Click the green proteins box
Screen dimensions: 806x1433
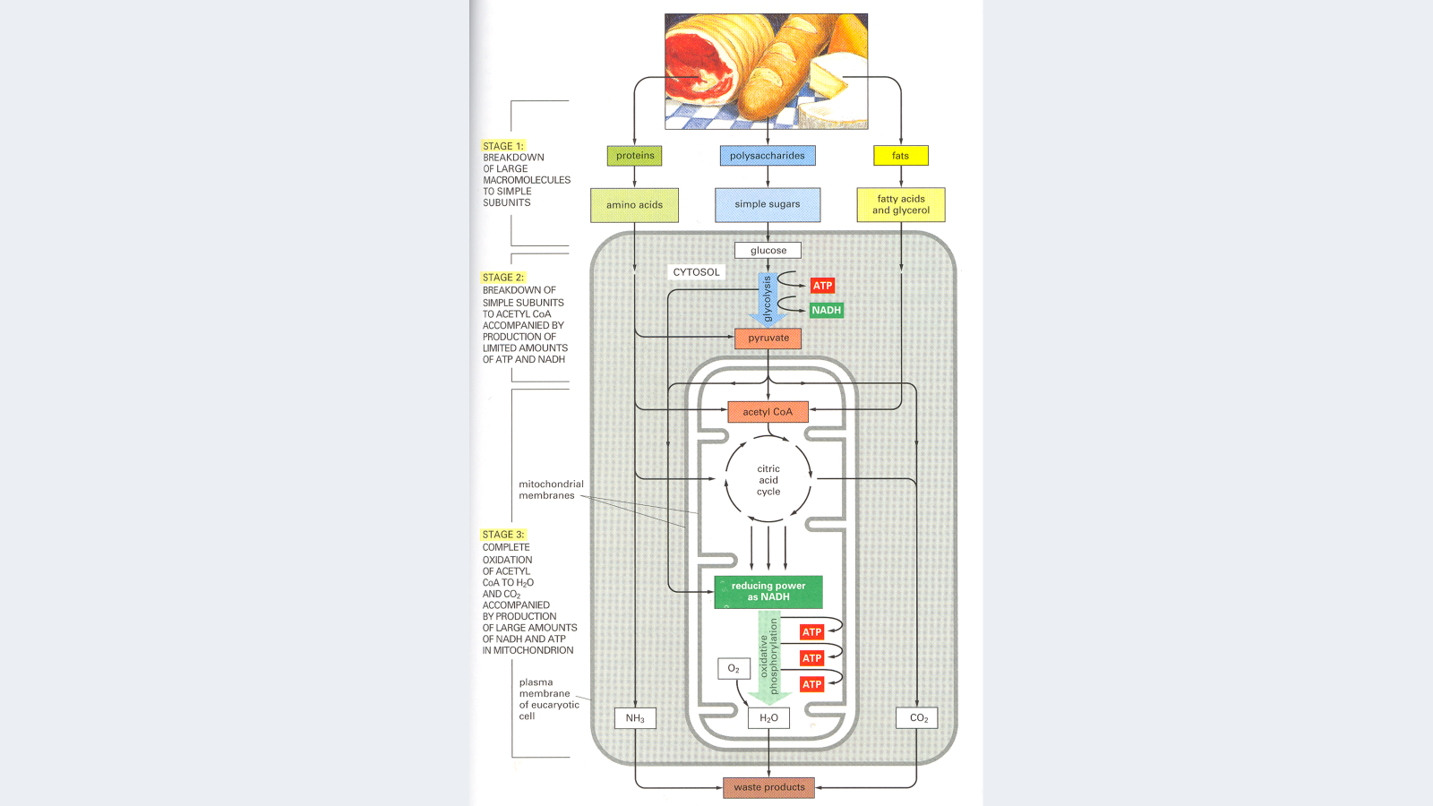point(635,156)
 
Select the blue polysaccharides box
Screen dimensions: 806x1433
point(767,156)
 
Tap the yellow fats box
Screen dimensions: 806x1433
point(900,156)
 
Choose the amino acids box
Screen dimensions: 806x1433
point(634,205)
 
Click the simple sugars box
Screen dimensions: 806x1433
point(768,204)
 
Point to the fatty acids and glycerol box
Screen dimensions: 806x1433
point(901,205)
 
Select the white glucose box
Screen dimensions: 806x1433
point(768,251)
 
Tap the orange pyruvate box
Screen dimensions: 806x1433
point(768,339)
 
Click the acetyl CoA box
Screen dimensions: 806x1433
point(768,412)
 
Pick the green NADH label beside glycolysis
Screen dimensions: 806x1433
point(826,311)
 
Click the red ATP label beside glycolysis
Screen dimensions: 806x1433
point(822,286)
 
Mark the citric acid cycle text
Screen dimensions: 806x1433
point(768,480)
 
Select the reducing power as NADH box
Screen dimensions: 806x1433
point(768,591)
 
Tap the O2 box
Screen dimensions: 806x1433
point(734,669)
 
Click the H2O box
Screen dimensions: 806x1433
point(768,718)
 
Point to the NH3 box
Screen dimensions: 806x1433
point(635,718)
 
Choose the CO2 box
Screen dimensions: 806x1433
point(918,718)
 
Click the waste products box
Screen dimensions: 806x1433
point(768,788)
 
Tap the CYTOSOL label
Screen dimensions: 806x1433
point(696,272)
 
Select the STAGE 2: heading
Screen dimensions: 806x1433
point(503,278)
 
